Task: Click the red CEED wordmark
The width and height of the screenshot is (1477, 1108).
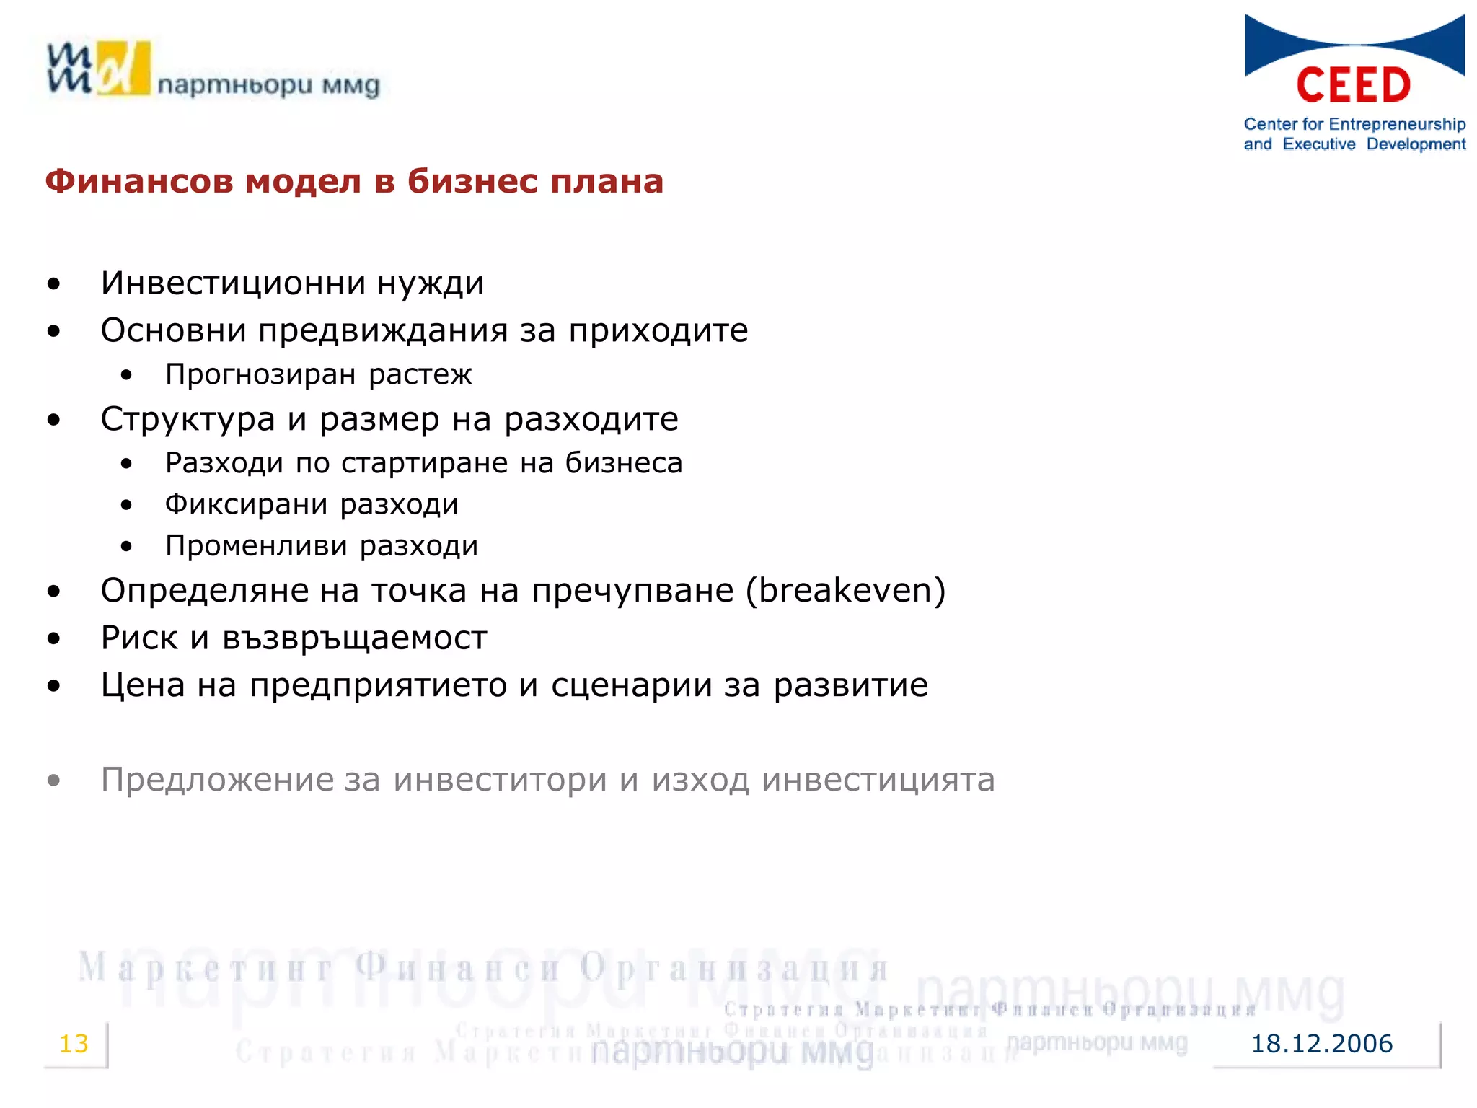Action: (1354, 85)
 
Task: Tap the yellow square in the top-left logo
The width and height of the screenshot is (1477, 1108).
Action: (123, 68)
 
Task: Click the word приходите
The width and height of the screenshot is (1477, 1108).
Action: (658, 331)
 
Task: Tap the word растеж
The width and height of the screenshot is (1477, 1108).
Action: (420, 374)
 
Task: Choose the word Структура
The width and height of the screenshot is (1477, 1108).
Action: (188, 419)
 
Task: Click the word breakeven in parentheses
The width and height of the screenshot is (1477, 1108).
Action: (845, 590)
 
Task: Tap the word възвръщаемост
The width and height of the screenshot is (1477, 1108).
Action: (354, 638)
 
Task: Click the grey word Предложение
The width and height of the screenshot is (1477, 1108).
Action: (217, 780)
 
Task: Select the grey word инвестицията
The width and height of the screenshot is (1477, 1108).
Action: (878, 780)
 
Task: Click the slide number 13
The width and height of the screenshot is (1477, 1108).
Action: (74, 1044)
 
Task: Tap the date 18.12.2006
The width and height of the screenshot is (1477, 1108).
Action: (1321, 1044)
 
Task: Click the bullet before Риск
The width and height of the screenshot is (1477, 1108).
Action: (54, 638)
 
